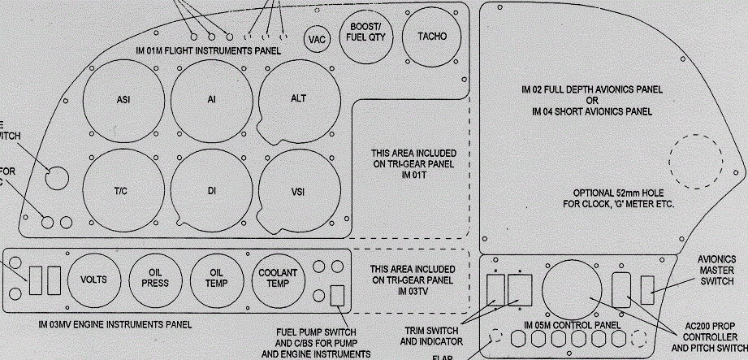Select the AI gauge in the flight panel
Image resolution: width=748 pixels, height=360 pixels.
point(210,100)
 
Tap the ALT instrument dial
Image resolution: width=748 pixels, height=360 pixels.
point(298,98)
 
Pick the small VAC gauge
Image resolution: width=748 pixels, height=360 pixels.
point(316,38)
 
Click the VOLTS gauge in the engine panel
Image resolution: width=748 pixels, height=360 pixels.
point(93,279)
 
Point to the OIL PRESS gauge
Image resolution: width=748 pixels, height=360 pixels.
point(155,279)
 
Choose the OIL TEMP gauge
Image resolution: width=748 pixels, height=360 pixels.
point(217,279)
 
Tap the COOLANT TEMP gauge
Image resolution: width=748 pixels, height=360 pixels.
point(278,279)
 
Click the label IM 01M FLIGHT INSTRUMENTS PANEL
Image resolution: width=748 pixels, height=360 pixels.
point(209,50)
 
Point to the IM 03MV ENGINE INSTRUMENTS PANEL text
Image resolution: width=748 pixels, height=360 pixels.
point(115,325)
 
